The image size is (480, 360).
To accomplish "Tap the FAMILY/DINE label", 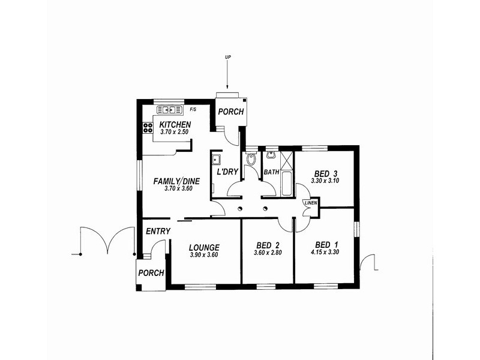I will point(176,181).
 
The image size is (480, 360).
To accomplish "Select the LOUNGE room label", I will point(204,247).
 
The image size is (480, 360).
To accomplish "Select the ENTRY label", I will point(158,231).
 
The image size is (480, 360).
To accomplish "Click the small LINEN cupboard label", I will point(310,203).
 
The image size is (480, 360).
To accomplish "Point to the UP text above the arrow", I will point(228,57).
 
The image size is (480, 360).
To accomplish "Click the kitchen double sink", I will point(169,110).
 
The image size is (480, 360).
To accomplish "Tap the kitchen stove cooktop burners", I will point(148,127).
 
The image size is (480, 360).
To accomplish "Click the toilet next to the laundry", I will point(251,160).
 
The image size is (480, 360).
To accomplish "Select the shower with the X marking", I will point(286,160).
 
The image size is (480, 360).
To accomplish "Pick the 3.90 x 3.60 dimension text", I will point(204,255).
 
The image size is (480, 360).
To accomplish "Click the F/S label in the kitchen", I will point(193,110).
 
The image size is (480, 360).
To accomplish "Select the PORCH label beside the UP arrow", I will point(230,112).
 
